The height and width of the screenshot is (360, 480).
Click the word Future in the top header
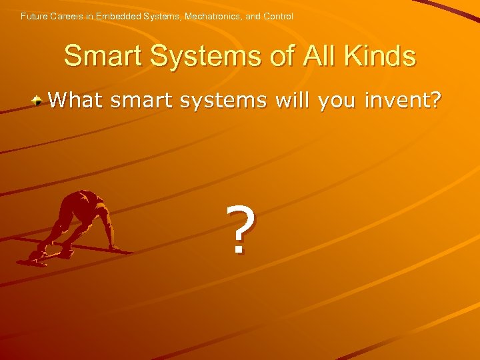pyautogui.click(x=33, y=16)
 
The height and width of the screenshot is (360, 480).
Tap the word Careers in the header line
pyautogui.click(x=67, y=16)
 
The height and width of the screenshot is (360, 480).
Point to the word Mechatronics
pyautogui.click(x=211, y=16)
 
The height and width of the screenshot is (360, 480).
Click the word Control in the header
pyautogui.click(x=278, y=16)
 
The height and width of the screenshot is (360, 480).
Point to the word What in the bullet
pyautogui.click(x=75, y=100)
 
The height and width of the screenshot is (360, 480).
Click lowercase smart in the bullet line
pyautogui.click(x=143, y=100)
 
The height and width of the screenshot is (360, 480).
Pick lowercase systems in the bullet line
pyautogui.click(x=228, y=101)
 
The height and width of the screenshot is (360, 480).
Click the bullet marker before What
pyautogui.click(x=39, y=101)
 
